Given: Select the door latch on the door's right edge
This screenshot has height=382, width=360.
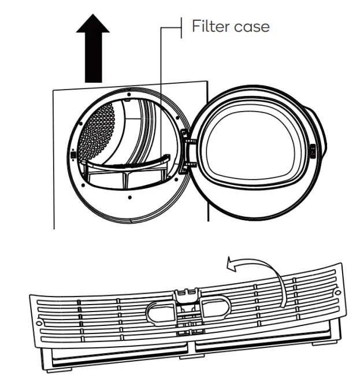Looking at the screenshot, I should coord(313,150).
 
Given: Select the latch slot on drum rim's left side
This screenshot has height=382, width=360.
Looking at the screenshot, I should coord(72,154).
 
